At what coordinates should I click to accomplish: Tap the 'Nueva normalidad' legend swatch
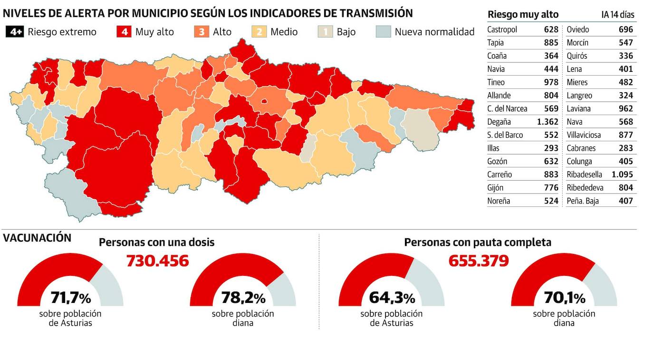click(x=383, y=32)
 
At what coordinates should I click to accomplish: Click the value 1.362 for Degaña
click(x=547, y=122)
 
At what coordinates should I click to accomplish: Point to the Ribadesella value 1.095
click(x=622, y=175)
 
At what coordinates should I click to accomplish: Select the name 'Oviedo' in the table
click(x=578, y=29)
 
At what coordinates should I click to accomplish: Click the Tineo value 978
click(x=551, y=82)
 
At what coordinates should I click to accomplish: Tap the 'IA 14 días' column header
click(x=618, y=15)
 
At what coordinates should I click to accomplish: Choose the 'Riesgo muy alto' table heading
click(x=523, y=15)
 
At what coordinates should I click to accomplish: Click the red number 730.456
click(x=157, y=261)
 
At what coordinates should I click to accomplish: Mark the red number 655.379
click(x=479, y=261)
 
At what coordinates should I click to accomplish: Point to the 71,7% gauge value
click(x=70, y=298)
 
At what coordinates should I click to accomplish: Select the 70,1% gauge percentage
click(x=564, y=298)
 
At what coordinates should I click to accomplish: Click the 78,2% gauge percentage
click(x=243, y=298)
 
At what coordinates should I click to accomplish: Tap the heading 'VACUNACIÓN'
click(x=37, y=238)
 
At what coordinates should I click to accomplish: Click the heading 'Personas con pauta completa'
click(x=478, y=242)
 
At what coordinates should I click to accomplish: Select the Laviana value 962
click(x=626, y=108)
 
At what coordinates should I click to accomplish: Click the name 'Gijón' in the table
click(x=495, y=188)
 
